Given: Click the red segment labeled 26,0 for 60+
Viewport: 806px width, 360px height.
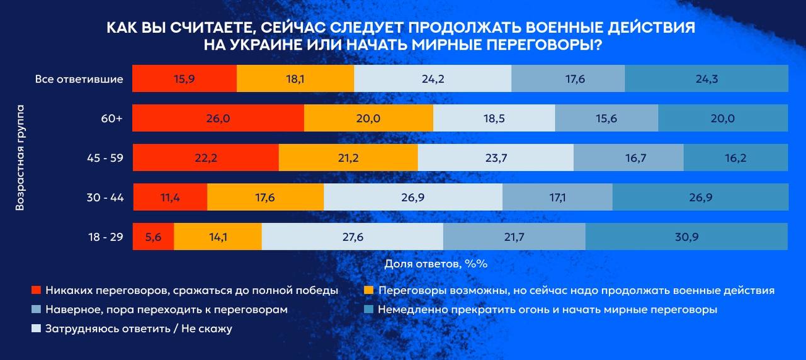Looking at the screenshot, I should click(x=218, y=118).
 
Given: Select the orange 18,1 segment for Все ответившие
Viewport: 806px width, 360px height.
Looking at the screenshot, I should click(x=295, y=79).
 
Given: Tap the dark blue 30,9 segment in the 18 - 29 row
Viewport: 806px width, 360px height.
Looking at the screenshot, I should click(x=686, y=237).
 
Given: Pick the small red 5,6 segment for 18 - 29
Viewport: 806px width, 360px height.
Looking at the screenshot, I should click(x=153, y=237).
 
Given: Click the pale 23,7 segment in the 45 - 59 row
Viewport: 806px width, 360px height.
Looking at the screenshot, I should click(x=496, y=158).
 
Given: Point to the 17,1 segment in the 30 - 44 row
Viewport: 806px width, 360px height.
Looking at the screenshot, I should click(x=557, y=198).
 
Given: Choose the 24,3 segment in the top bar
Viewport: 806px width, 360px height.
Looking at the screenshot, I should click(x=706, y=79).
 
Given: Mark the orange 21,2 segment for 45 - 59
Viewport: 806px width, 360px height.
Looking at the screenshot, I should click(x=348, y=158).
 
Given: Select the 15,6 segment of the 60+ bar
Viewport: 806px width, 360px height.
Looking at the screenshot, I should click(x=606, y=118).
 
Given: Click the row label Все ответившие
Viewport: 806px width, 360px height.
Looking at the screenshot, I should click(x=79, y=79).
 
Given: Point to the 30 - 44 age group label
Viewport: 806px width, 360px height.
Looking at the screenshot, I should click(x=105, y=198).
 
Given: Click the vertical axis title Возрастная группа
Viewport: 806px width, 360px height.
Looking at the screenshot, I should click(x=20, y=158).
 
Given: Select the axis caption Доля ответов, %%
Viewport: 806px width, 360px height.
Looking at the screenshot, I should click(x=436, y=264).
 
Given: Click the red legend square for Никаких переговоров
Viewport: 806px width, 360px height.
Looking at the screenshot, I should click(x=36, y=291).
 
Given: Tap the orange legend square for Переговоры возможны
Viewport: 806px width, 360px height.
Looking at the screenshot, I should click(x=370, y=291).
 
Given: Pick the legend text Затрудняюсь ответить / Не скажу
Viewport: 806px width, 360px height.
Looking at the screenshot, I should click(x=139, y=329).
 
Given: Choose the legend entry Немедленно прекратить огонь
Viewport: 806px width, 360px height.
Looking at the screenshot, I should click(x=547, y=310).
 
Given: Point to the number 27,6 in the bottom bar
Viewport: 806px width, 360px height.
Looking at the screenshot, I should click(x=352, y=237).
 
